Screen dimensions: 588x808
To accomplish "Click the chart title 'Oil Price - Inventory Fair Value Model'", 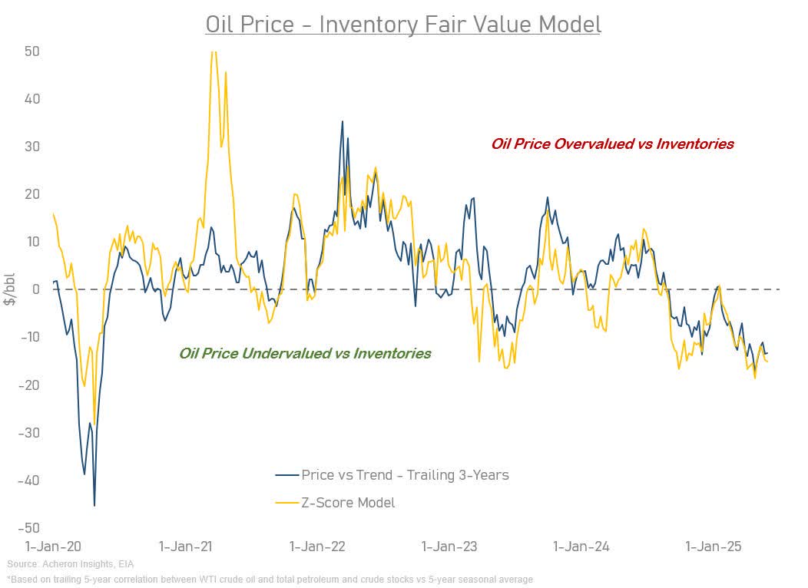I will (403, 25).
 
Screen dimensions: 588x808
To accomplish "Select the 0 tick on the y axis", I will (35, 289).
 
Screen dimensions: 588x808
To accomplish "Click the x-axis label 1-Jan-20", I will (53, 547).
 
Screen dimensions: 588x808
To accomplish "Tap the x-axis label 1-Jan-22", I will (317, 547).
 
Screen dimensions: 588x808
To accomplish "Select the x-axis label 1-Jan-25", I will (714, 547).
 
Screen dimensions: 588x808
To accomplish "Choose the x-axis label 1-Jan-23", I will (449, 547).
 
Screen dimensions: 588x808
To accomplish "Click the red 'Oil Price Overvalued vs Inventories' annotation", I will (612, 144).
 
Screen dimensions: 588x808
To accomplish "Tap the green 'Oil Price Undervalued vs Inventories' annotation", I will (305, 353).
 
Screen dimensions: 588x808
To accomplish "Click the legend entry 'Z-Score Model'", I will (348, 503).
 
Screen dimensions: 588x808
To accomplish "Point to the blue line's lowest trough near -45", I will (94, 504).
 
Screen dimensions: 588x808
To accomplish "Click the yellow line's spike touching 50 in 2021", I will (214, 52).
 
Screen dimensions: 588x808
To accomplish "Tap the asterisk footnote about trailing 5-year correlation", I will (269, 579).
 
